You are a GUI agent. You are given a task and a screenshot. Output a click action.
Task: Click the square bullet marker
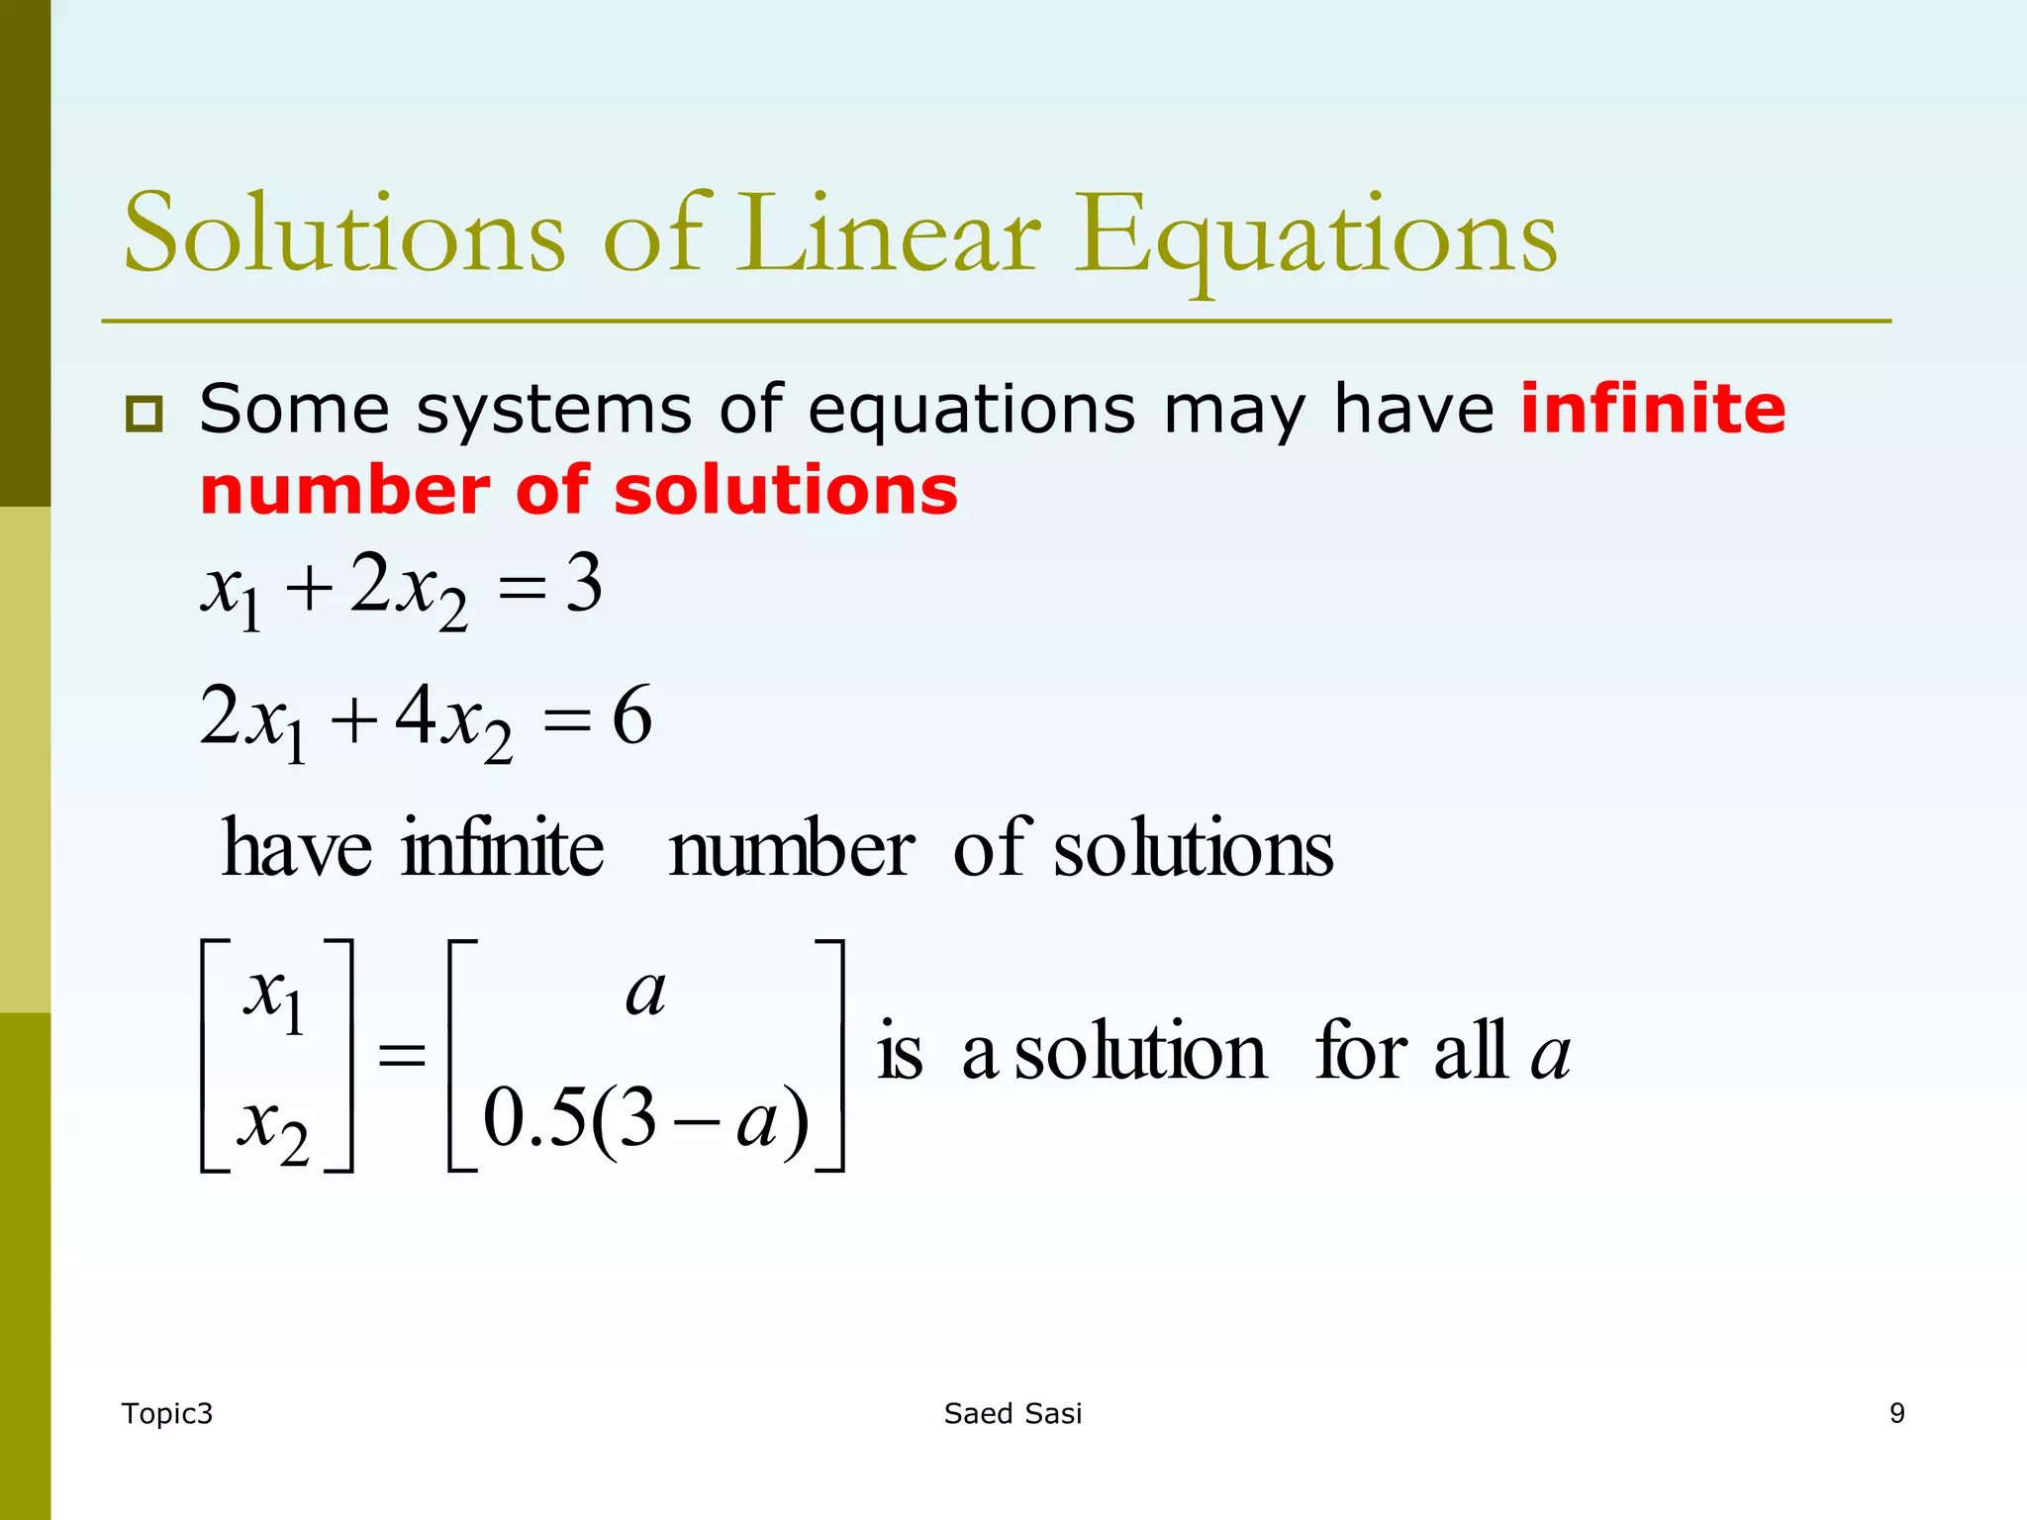pyautogui.click(x=145, y=413)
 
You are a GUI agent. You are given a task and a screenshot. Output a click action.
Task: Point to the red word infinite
pyautogui.click(x=1653, y=409)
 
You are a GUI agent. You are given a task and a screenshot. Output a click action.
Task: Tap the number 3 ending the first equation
pyautogui.click(x=584, y=584)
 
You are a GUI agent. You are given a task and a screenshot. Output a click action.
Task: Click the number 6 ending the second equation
pyautogui.click(x=632, y=715)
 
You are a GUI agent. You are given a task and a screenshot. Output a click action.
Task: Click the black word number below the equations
pyautogui.click(x=791, y=850)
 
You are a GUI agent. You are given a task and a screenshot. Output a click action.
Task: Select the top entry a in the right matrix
pyautogui.click(x=645, y=993)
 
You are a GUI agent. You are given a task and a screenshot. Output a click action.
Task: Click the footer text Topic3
pyautogui.click(x=167, y=1413)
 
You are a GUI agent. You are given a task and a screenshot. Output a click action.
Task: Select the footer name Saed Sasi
pyautogui.click(x=1013, y=1413)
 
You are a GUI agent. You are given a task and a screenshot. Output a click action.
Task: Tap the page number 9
pyautogui.click(x=1896, y=1413)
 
